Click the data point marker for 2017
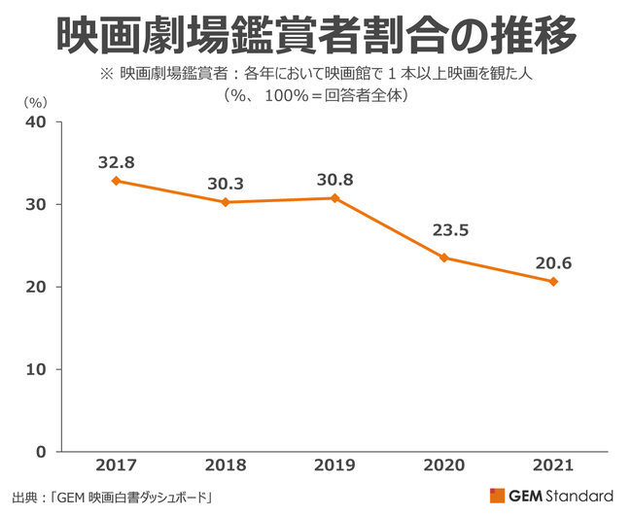pos(117,181)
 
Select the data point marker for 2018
pos(226,202)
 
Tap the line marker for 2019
pos(335,198)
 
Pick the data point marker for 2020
pos(444,258)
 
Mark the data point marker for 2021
pos(553,282)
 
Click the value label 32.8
pos(116,161)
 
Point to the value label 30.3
pos(226,183)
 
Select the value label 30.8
pos(335,179)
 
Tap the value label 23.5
pos(444,232)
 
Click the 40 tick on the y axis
pos(36,122)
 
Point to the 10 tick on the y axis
pos(36,370)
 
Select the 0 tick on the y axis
pos(41,453)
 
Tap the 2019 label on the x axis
pos(335,467)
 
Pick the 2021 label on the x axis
pos(553,467)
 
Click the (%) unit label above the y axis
pos(33,101)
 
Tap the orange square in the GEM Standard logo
pos(497,494)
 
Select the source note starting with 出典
pos(114,497)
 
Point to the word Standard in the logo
pos(580,494)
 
